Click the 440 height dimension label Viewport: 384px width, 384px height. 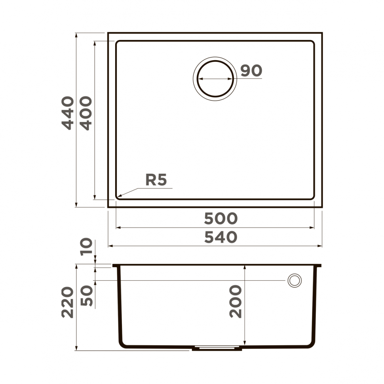[68, 113]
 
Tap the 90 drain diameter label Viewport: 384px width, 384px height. [251, 71]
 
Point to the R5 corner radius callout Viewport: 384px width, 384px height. [156, 180]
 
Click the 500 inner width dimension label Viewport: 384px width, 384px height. [221, 219]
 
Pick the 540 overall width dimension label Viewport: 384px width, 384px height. [221, 237]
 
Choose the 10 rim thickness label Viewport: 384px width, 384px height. [87, 247]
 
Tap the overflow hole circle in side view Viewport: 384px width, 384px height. [294, 280]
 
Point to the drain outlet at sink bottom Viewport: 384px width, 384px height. [217, 349]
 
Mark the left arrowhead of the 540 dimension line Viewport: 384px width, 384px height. [110, 246]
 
